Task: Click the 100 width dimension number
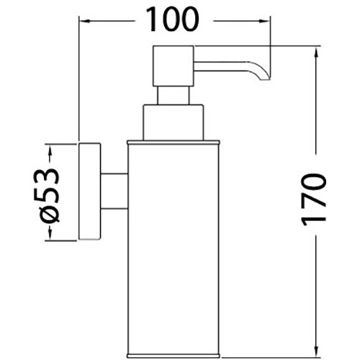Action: coord(172,19)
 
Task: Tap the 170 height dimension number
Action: coord(314,199)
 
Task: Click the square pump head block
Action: coord(174,66)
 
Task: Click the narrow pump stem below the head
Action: coord(173,95)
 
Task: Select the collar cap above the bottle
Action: coord(174,122)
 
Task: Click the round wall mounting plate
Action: coord(89,192)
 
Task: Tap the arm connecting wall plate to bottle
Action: coord(114,191)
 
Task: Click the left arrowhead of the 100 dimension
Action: coord(85,21)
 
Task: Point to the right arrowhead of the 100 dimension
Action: coord(265,21)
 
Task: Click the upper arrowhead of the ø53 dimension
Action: coord(50,150)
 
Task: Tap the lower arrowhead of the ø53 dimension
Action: coord(50,233)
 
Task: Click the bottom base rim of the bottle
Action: coord(174,356)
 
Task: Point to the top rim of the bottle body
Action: coord(174,143)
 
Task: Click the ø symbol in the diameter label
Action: coord(49,214)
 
